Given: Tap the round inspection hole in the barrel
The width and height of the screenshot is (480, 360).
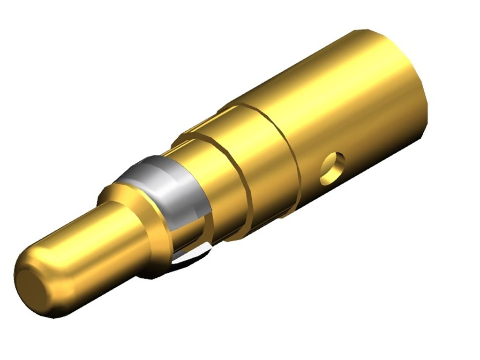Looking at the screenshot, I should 332,168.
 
